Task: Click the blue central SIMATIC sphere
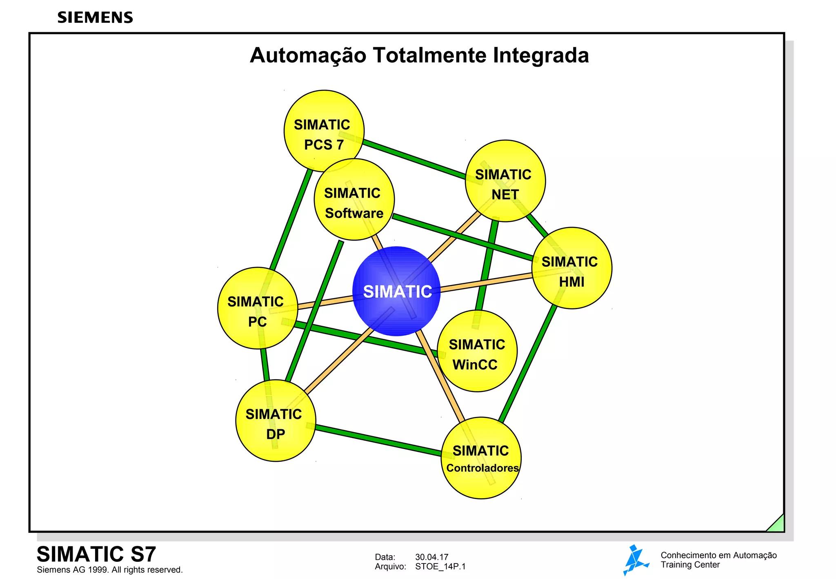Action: [396, 291]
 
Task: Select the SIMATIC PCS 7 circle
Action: [324, 131]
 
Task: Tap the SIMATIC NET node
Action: [505, 181]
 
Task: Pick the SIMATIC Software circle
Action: [354, 199]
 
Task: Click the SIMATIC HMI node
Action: [571, 268]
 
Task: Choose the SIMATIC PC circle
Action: [257, 308]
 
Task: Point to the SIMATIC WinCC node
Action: [477, 351]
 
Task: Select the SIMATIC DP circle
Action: [276, 421]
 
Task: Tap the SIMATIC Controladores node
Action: [481, 458]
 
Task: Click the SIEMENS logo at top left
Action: [95, 18]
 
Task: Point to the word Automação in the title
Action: [308, 55]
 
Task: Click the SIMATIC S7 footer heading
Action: [96, 554]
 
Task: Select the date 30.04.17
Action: [431, 557]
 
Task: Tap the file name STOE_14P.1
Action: [440, 566]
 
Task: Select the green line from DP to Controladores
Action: [378, 440]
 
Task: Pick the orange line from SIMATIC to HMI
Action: [486, 283]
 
